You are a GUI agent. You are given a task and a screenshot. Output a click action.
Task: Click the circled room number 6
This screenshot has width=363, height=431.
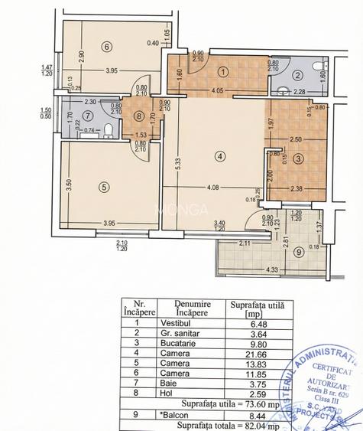click(x=107, y=47)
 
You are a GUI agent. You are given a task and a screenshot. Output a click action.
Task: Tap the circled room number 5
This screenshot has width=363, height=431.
click(x=102, y=186)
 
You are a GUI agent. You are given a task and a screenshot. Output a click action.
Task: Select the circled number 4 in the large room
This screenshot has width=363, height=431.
click(x=220, y=158)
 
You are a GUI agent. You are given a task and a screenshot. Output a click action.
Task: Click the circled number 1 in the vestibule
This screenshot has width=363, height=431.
click(x=222, y=72)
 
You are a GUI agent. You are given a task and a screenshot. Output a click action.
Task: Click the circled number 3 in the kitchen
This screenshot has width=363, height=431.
click(x=299, y=158)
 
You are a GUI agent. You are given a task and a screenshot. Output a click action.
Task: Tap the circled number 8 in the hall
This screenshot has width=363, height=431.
click(x=138, y=117)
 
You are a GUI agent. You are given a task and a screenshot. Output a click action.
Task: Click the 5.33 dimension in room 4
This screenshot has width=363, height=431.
click(x=176, y=168)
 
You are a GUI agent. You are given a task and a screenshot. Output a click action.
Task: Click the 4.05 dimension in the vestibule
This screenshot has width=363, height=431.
click(x=216, y=91)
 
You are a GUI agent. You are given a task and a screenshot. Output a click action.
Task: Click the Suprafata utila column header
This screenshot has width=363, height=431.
click(x=257, y=309)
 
